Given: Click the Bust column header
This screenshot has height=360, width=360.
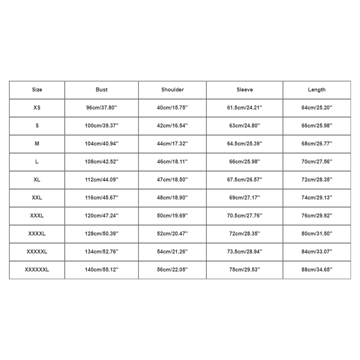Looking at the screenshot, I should coord(102,90).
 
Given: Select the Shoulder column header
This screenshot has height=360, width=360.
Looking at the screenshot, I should coord(172,90).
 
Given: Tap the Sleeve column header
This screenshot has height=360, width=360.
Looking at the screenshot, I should coord(245,90).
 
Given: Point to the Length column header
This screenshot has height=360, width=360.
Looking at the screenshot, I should coord(317,90).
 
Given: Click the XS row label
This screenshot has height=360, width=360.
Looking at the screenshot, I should coord(37,108).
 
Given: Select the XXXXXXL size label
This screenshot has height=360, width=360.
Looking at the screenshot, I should coord(37,270).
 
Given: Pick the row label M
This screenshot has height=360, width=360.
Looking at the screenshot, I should coord(37,144).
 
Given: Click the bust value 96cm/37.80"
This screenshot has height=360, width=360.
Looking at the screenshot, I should coord(102,108).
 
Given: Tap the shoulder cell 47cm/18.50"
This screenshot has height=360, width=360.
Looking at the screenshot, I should coord(172,180).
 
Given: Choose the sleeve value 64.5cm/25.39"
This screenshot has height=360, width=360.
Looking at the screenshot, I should coord(245,144).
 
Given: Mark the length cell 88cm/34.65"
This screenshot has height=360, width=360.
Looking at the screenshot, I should coord(317,270).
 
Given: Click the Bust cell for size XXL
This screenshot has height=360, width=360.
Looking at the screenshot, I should coord(102,198).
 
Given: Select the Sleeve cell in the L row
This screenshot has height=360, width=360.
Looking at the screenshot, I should coord(245,162).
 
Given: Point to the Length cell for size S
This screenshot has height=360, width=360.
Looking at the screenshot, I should coord(317,126).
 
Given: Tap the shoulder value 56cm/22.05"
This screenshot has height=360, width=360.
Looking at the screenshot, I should coord(172,270).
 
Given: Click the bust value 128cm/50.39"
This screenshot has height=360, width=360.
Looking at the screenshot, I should coord(102,234).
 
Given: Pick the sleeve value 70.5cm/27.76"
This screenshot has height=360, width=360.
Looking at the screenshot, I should coord(245,216).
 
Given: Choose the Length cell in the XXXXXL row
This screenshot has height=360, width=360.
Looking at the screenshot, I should coord(317,252).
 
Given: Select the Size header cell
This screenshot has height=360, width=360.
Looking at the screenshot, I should coord(37,90).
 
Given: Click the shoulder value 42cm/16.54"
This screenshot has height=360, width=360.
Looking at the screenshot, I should coord(172,126).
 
